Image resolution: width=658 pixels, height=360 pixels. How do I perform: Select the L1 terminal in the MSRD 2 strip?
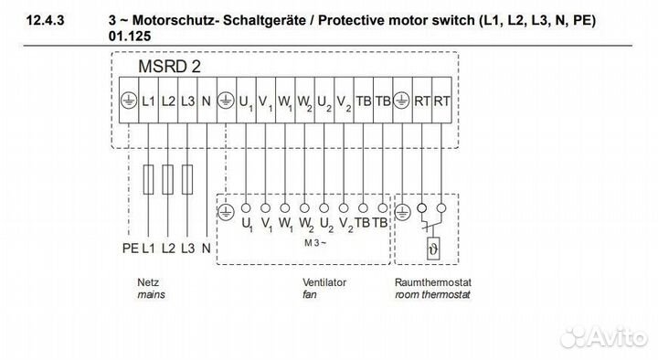[x=149, y=101]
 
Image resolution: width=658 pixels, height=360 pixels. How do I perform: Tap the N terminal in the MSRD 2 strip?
[x=207, y=101]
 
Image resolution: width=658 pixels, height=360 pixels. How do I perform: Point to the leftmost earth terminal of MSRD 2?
[x=129, y=101]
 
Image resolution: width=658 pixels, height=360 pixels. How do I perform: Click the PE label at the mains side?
[x=129, y=248]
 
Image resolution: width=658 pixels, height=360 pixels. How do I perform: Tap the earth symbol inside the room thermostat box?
[x=404, y=209]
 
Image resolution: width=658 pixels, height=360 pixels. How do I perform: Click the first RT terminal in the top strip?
[x=422, y=101]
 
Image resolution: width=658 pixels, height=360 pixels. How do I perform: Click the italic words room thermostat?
[x=431, y=296]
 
